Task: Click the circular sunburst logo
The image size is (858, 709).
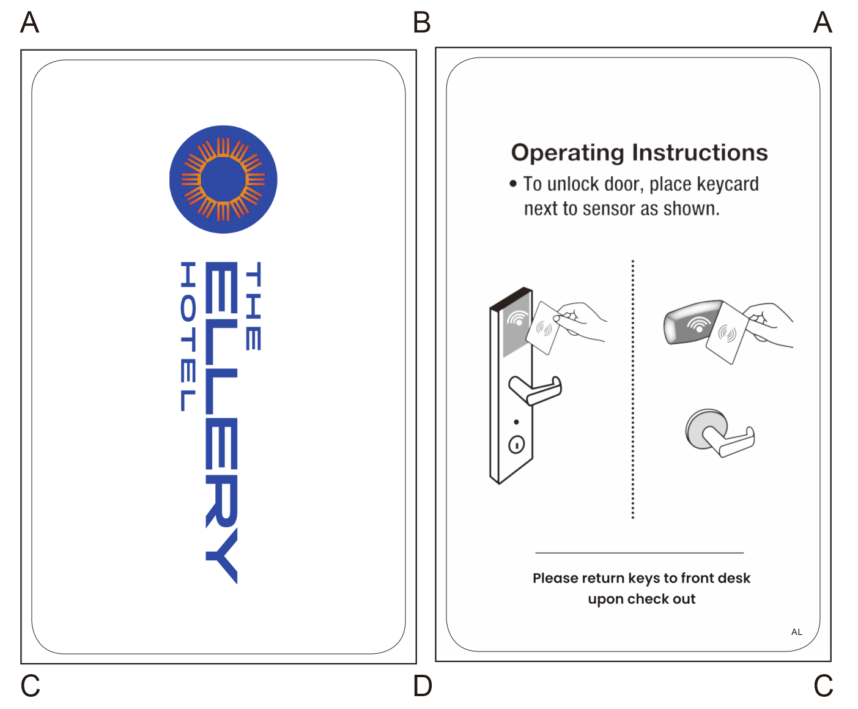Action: point(223,179)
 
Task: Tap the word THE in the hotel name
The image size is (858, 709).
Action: point(253,306)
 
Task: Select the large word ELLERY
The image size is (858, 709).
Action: point(221,422)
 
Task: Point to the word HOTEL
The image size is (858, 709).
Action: point(188,336)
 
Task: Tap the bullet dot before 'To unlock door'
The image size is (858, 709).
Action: point(513,184)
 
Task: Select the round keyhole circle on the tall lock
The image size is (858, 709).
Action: point(517,445)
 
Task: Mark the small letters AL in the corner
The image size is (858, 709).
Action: point(796,632)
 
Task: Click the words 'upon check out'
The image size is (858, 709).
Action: point(642,599)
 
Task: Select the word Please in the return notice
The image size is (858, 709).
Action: point(555,578)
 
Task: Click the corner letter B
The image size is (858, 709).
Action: point(422,23)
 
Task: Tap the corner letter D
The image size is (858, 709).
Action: point(422,686)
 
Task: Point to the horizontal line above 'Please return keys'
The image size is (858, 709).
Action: point(639,553)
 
